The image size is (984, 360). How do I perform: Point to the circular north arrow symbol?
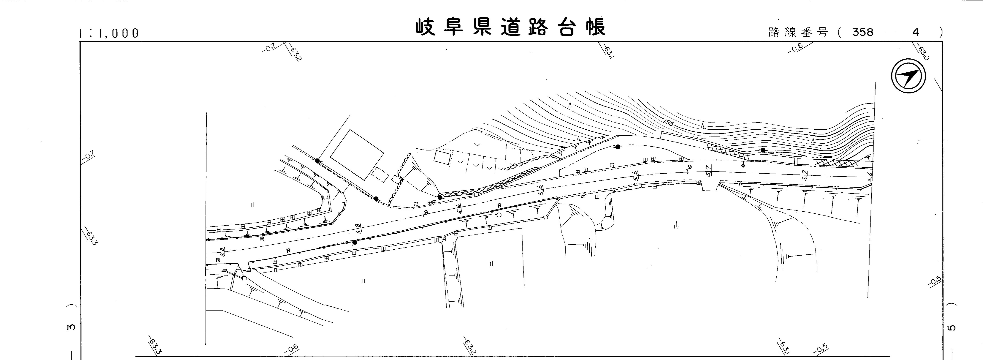click(908, 76)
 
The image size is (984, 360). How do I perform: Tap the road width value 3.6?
click(867, 177)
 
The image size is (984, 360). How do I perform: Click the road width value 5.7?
click(709, 170)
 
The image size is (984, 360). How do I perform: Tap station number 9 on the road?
click(689, 167)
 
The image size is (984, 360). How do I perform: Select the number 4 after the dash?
click(916, 33)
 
